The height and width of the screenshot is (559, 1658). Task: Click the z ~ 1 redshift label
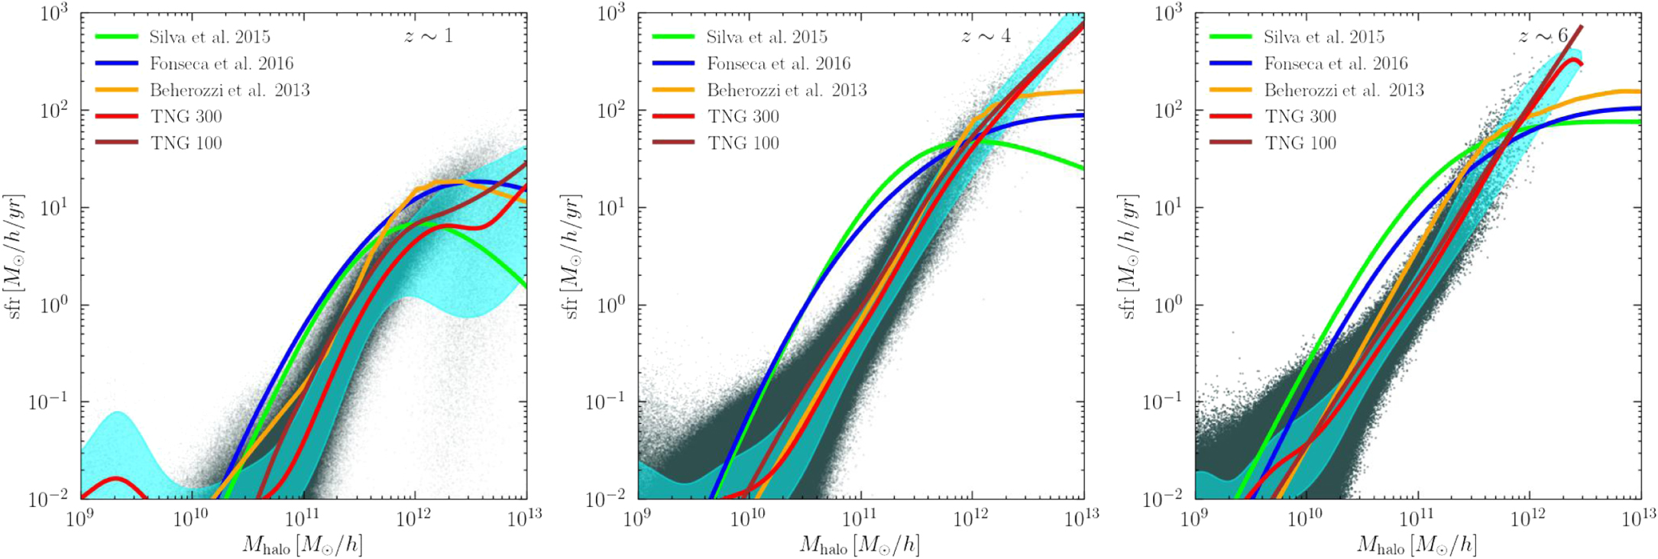(x=428, y=36)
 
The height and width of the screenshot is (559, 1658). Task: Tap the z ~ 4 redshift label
(x=986, y=36)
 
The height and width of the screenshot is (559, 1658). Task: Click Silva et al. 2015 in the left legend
(x=209, y=37)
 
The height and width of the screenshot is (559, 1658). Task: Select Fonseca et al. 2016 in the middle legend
(x=779, y=63)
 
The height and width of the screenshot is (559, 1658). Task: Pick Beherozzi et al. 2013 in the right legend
(x=1344, y=90)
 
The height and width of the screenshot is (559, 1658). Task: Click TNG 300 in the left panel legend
(x=186, y=117)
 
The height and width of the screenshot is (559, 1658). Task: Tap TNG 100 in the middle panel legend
(x=743, y=143)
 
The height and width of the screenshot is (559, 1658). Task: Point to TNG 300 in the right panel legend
(x=1300, y=117)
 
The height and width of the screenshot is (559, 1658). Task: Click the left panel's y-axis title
(x=15, y=256)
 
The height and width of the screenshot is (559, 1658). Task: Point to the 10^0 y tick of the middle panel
(x=609, y=305)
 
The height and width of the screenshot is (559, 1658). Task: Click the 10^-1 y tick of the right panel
(x=1162, y=402)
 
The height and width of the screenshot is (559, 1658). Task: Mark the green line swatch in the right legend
(x=1230, y=37)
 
